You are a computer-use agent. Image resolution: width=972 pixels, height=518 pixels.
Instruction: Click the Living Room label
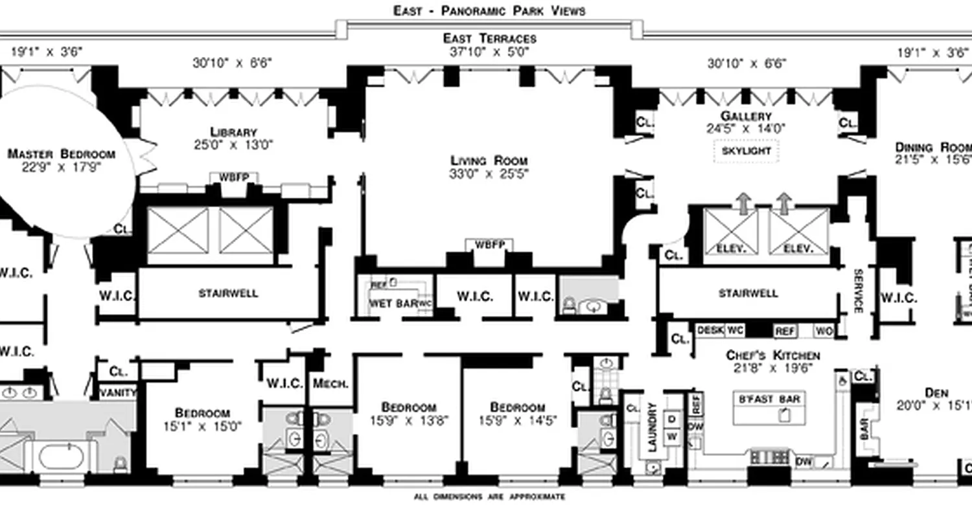pyautogui.click(x=489, y=161)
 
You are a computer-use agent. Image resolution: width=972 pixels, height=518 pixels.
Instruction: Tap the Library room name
pyautogui.click(x=233, y=132)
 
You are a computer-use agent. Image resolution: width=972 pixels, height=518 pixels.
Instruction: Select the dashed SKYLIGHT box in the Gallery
pyautogui.click(x=746, y=151)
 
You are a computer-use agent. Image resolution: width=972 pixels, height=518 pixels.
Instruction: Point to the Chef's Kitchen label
pyautogui.click(x=772, y=355)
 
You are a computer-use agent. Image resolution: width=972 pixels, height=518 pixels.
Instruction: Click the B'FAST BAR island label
pyautogui.click(x=770, y=399)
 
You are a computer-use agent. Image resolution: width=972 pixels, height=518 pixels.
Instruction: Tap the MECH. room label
pyautogui.click(x=330, y=383)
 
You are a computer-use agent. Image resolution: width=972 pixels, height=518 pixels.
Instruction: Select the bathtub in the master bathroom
pyautogui.click(x=61, y=457)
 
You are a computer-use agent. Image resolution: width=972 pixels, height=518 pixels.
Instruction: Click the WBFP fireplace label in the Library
pyautogui.click(x=233, y=177)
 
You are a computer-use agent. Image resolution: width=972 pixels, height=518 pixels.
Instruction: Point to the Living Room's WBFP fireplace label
pyautogui.click(x=489, y=245)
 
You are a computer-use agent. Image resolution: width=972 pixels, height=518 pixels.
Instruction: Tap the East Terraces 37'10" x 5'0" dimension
pyautogui.click(x=489, y=52)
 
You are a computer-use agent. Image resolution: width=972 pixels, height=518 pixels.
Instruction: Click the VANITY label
pyautogui.click(x=117, y=392)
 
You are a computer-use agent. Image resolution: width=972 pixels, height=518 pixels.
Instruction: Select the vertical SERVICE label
pyautogui.click(x=857, y=291)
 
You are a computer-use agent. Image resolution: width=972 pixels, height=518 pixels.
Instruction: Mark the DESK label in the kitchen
pyautogui.click(x=710, y=330)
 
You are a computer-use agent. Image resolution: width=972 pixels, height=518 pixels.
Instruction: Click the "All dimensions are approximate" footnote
pyautogui.click(x=489, y=497)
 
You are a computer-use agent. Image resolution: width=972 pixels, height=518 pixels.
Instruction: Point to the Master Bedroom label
pyautogui.click(x=61, y=154)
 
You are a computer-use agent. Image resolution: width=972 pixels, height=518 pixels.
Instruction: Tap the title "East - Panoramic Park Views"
pyautogui.click(x=489, y=10)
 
